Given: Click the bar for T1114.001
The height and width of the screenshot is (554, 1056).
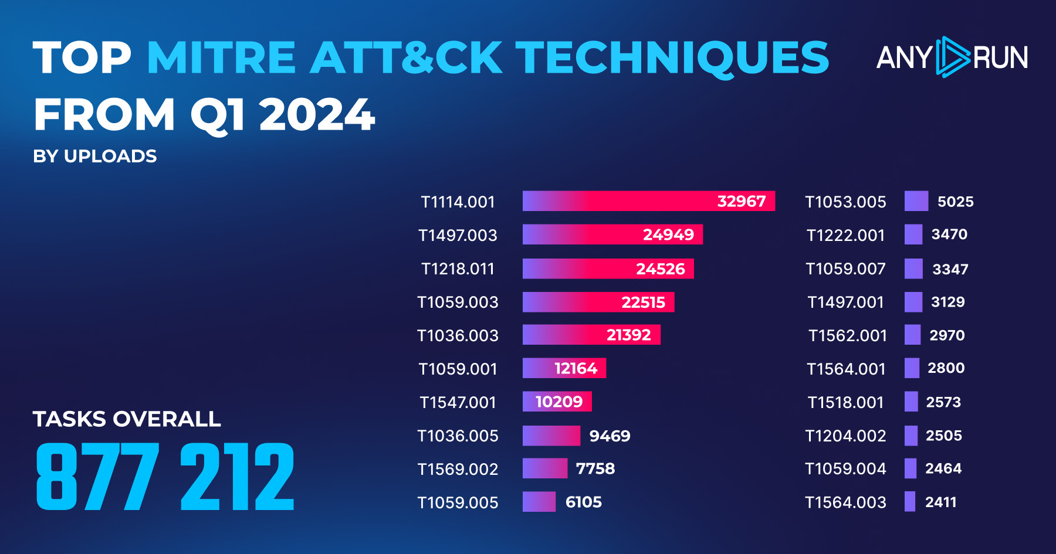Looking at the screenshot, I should [648, 201].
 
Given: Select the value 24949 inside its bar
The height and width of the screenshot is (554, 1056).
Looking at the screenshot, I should [668, 234].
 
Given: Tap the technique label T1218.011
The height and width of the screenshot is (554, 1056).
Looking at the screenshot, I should [458, 268].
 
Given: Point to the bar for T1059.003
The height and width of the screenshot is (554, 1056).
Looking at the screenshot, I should [598, 302].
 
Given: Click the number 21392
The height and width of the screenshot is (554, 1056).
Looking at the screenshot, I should [628, 335].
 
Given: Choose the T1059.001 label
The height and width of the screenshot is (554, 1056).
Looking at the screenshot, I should [458, 369].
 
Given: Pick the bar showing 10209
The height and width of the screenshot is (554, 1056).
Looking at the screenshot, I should [557, 402].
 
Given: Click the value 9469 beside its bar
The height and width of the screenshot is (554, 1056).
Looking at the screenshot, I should [610, 436].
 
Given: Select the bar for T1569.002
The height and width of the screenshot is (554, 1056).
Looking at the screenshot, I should [544, 468].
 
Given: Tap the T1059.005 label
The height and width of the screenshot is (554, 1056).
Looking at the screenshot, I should [458, 502].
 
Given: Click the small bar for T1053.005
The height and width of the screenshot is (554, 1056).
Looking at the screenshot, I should [916, 201].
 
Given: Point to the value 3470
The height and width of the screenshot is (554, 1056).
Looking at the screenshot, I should [949, 234].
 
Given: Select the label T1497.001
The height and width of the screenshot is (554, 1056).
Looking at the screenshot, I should [845, 302].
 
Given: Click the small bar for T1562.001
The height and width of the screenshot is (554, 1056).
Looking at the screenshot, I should [912, 335].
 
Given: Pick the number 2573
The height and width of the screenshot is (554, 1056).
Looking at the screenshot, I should [943, 402].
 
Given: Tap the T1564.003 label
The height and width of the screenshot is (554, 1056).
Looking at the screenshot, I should [845, 502].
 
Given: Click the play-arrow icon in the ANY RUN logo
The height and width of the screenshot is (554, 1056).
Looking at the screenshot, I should [952, 57].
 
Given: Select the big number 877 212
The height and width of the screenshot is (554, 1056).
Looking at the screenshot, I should [165, 477].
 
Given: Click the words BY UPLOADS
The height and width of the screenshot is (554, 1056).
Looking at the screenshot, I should [95, 156].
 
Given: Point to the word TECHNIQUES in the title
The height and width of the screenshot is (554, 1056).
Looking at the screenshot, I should [672, 57].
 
